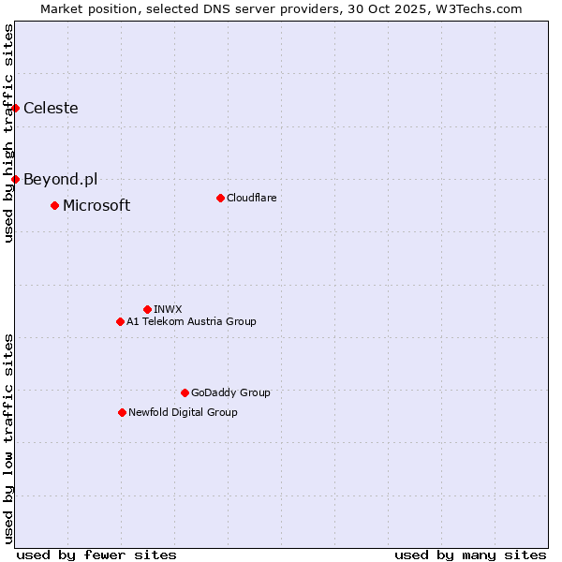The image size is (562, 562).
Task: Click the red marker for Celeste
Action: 15,108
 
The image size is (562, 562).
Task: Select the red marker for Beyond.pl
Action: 15,179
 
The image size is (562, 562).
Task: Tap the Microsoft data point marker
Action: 54,205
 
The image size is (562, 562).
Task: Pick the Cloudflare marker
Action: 220,198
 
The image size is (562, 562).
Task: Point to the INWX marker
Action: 147,309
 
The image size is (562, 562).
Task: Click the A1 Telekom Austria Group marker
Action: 120,321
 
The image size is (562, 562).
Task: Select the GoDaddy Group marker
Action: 185,392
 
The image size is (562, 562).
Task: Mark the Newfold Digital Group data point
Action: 122,412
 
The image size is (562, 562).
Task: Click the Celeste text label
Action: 51,108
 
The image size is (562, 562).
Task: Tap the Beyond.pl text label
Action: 60,179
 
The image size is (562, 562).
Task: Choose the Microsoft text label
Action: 96,205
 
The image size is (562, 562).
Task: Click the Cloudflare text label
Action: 251,198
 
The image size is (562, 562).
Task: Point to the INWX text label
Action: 168,309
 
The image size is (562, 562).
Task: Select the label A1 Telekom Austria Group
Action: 191,321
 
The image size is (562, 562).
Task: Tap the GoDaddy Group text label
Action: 230,392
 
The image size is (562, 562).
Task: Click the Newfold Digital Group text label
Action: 183,412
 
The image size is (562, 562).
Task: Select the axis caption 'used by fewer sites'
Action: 96,555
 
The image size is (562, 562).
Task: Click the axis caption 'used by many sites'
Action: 470,555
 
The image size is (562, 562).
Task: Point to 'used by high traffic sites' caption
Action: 8,133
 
